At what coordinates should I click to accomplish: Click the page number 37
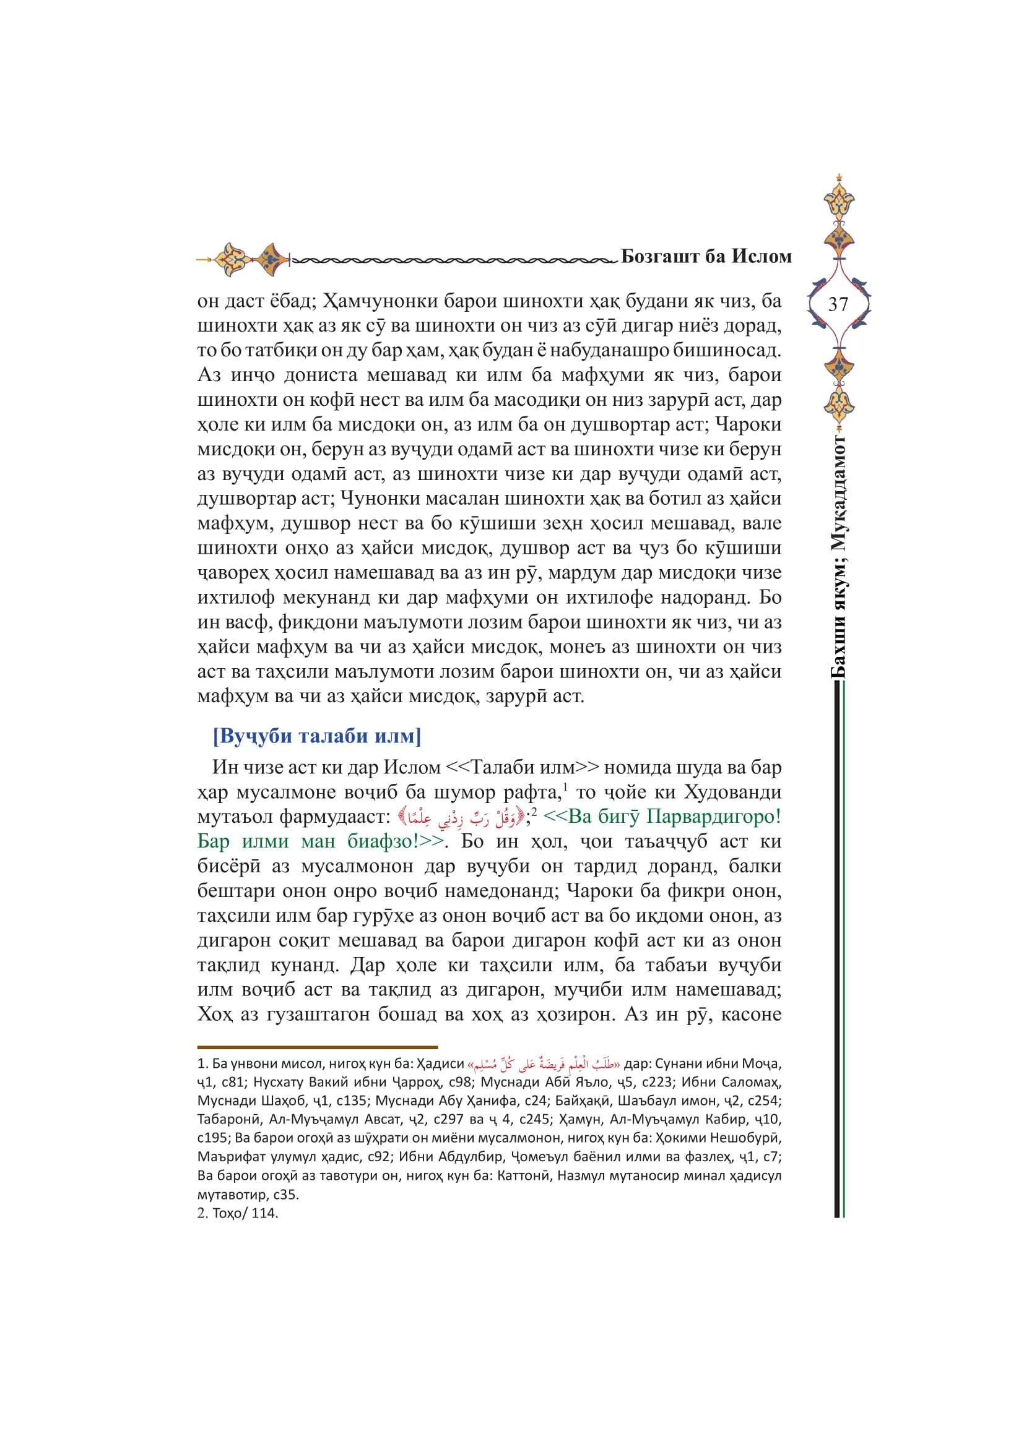click(x=838, y=304)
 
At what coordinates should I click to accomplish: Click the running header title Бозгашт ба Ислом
click(x=706, y=257)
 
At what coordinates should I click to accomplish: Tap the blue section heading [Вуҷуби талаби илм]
click(x=316, y=736)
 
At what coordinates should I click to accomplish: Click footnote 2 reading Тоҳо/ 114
click(x=238, y=1213)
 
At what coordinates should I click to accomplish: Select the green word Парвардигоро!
click(x=714, y=817)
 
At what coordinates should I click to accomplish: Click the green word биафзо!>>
click(x=396, y=841)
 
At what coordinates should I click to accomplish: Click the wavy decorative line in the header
click(x=454, y=259)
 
